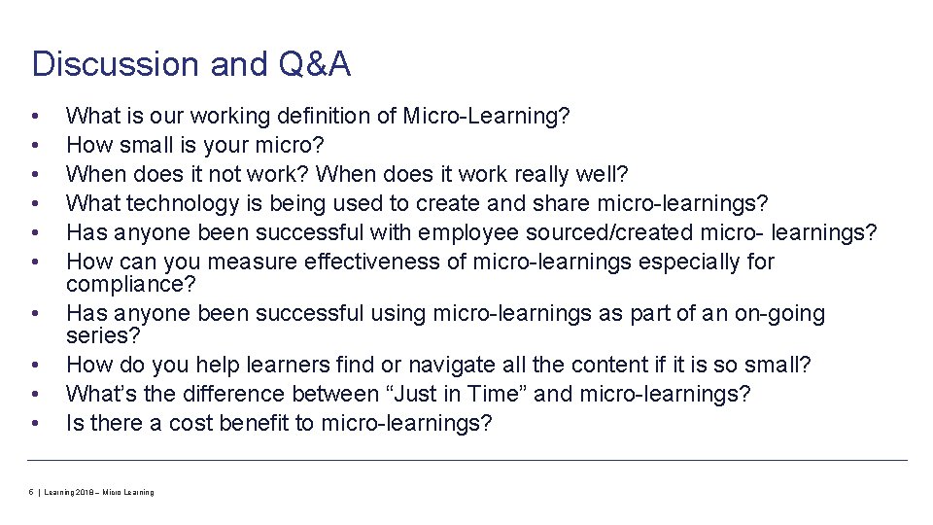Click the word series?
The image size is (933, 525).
click(102, 334)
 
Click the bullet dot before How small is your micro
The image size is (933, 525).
click(35, 146)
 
